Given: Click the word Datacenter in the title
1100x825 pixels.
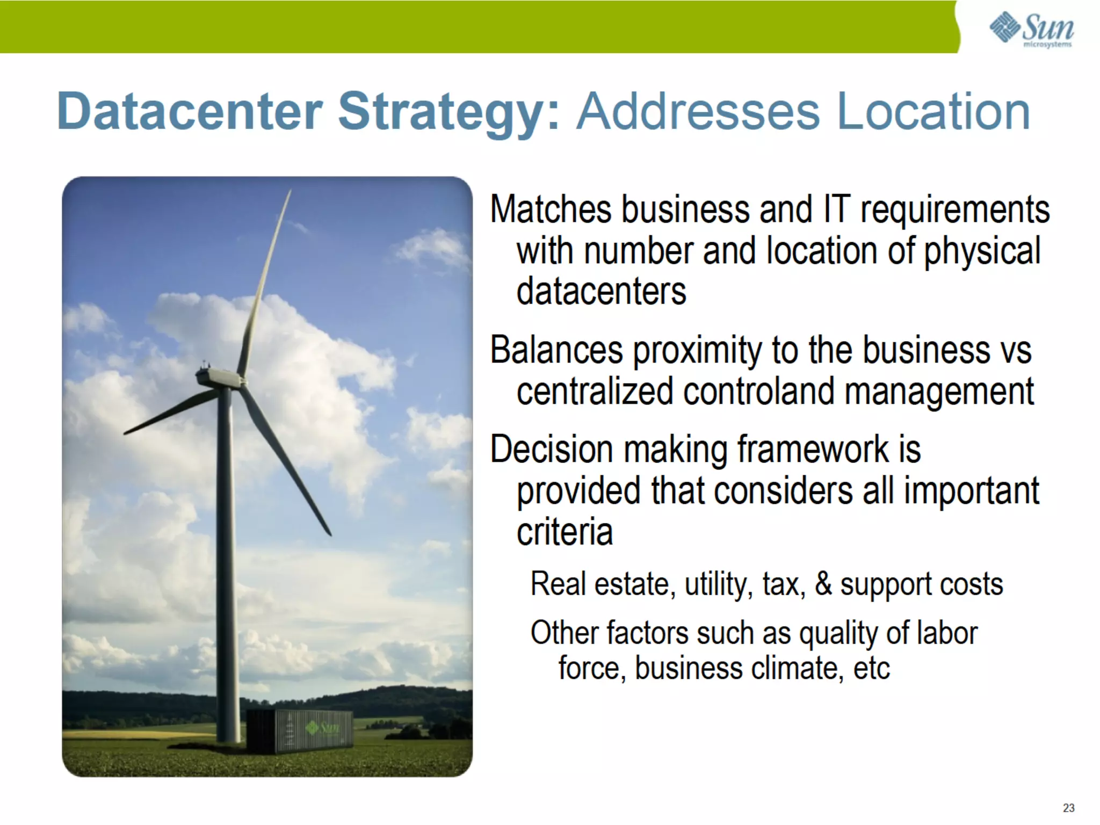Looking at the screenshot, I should coord(190,111).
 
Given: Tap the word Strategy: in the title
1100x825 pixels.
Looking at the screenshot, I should coord(449,111).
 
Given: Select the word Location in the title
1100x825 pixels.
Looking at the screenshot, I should coord(933,111).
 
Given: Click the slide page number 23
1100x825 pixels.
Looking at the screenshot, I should coord(1068,808).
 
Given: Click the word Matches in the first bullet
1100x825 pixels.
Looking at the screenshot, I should coord(550,209).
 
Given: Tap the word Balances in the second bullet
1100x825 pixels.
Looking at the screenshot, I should coord(556,350).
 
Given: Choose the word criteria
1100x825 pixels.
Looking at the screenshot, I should coord(565,531).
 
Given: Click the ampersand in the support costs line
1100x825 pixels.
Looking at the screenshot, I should coord(823,584).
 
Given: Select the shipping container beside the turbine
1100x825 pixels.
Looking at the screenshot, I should coord(299,730).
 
